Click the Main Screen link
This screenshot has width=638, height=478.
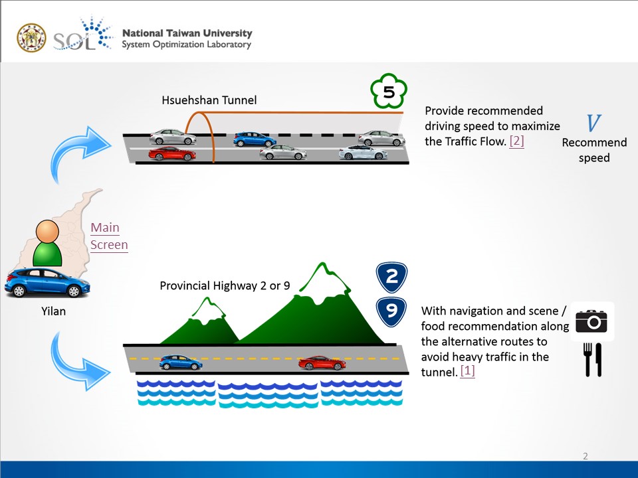click(x=109, y=236)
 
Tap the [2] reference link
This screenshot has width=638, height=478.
click(x=516, y=141)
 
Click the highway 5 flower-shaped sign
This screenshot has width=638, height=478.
click(x=388, y=92)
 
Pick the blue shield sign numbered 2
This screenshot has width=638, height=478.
click(x=391, y=278)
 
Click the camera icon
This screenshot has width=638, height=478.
click(x=591, y=322)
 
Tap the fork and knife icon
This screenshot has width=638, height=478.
click(x=592, y=359)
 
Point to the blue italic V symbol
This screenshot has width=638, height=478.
click(x=593, y=123)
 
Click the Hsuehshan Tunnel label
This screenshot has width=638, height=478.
click(x=209, y=100)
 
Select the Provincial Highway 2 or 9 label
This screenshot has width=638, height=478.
click(x=225, y=286)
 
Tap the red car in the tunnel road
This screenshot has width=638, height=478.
click(x=171, y=154)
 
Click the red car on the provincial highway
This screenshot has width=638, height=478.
click(x=322, y=363)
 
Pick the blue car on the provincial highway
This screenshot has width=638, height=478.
click(x=181, y=362)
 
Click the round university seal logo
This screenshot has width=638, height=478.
click(x=31, y=39)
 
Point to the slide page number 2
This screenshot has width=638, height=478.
click(x=585, y=456)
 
